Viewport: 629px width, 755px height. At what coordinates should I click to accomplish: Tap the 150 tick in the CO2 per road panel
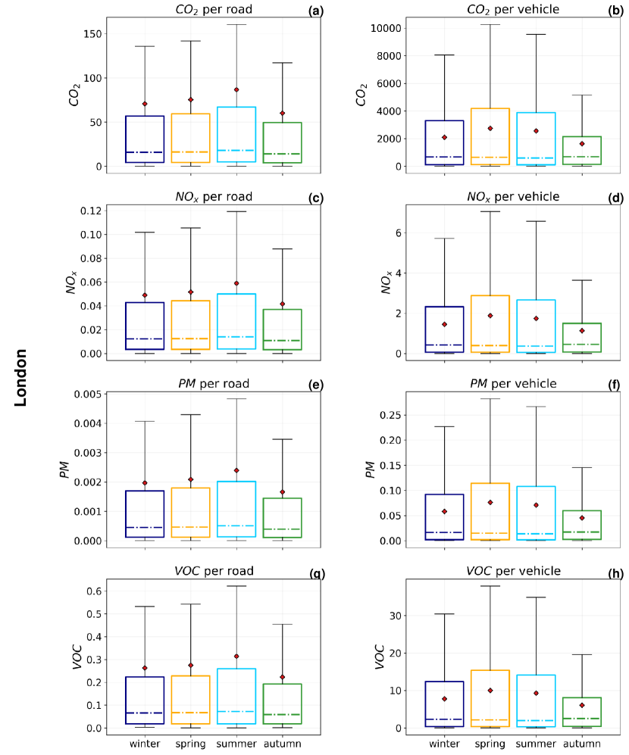91,34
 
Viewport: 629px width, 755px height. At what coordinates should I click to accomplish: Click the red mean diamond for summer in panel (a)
236,89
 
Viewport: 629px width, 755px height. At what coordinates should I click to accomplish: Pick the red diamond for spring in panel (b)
490,128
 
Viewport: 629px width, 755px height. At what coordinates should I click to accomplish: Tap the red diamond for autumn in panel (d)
583,330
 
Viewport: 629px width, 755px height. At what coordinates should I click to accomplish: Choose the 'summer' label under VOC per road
236,744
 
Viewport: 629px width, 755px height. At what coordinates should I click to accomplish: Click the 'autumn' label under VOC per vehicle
583,744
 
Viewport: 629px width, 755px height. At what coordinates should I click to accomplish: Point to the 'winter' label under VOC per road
145,744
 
